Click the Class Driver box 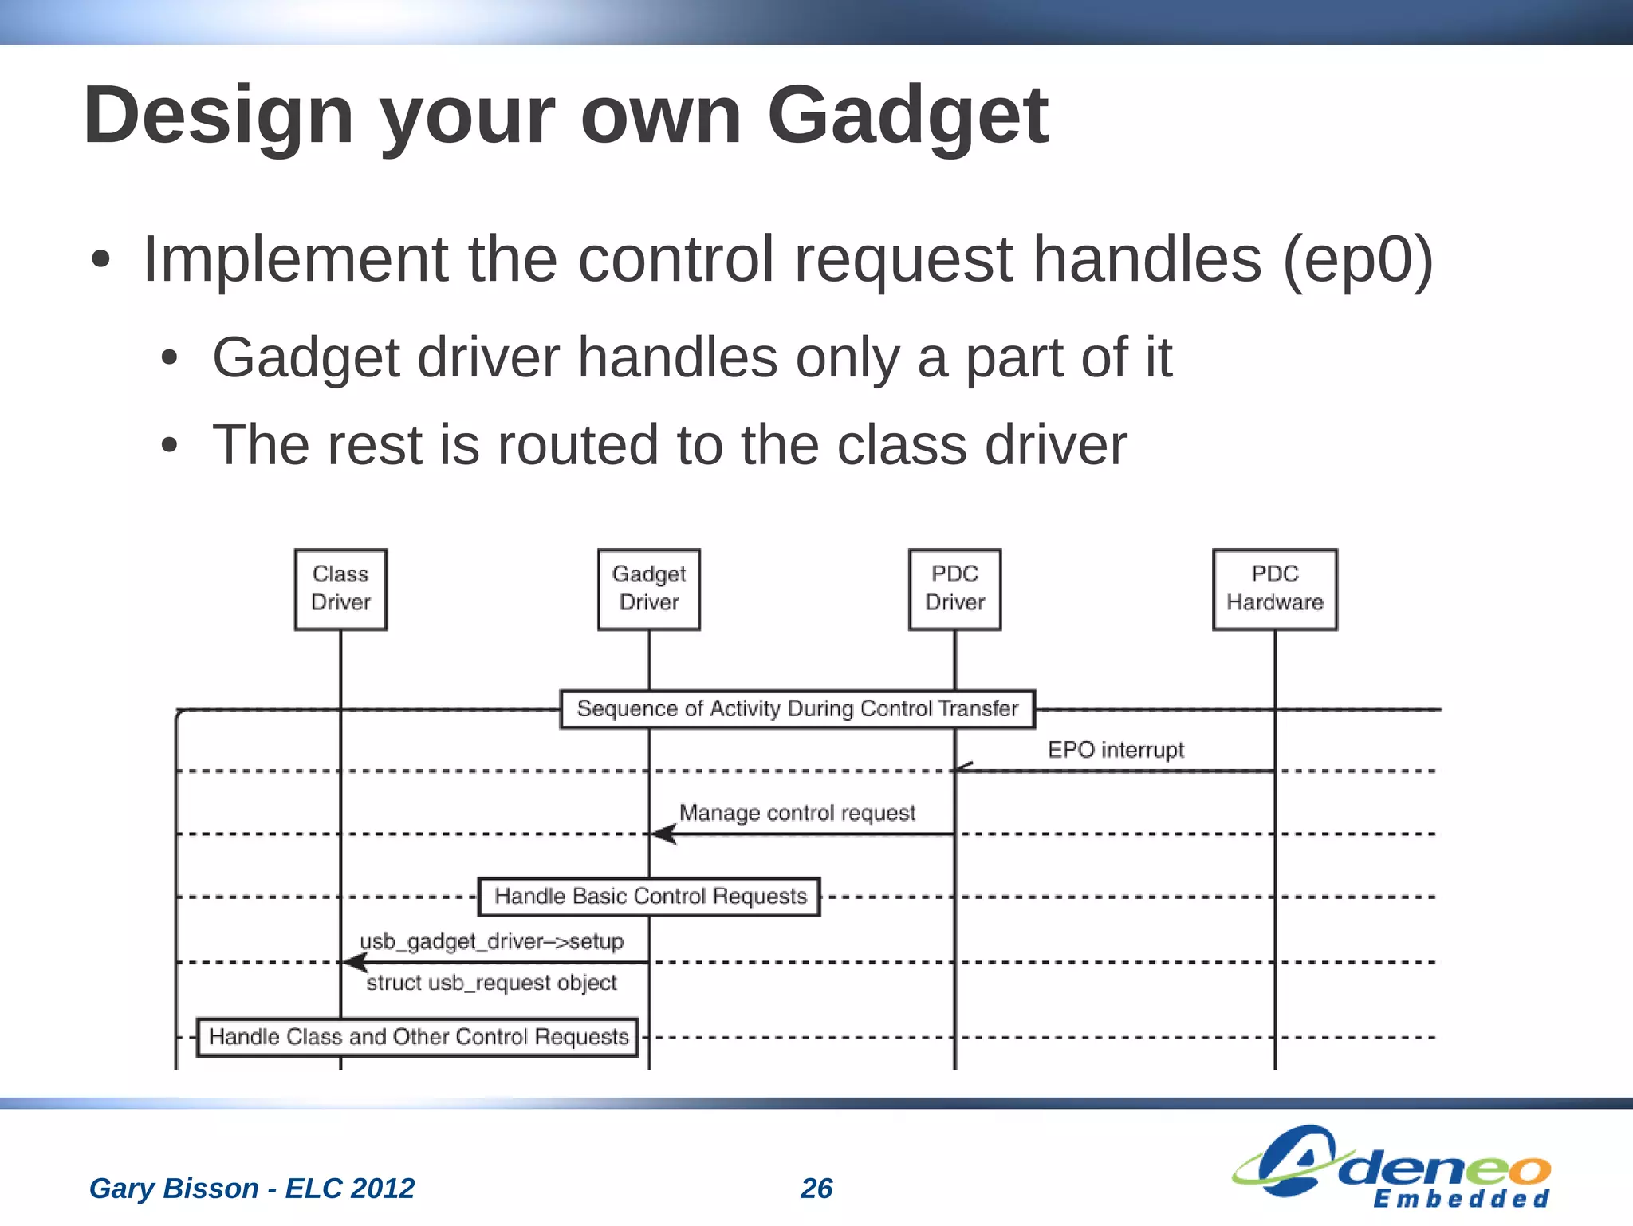tap(340, 589)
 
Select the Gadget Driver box tap(649, 589)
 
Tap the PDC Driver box tap(954, 589)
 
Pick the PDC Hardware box tap(1274, 589)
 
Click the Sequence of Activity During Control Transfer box tap(797, 709)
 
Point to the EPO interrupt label tap(1115, 750)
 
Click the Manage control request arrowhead tap(663, 834)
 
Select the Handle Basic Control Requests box tap(649, 897)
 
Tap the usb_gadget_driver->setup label tap(491, 942)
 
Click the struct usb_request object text tap(491, 983)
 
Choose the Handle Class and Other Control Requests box tap(418, 1037)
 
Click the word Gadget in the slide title tap(907, 116)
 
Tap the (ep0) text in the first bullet tap(1357, 260)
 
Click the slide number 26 tap(816, 1189)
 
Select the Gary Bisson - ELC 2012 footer tap(252, 1189)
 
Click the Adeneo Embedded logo tap(1391, 1167)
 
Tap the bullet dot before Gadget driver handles tap(169, 359)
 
